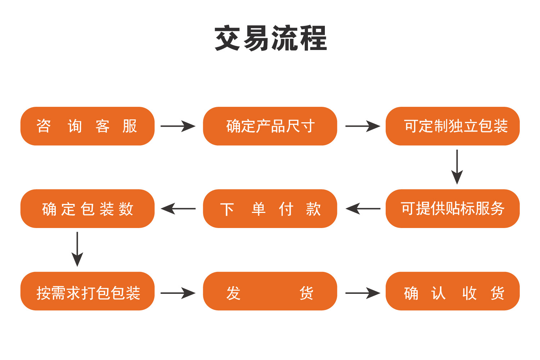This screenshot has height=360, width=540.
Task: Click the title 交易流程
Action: [270, 38]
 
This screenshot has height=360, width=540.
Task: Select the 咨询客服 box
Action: [87, 126]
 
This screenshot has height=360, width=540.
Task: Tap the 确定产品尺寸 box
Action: [270, 126]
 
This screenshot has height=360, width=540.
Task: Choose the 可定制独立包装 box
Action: [453, 126]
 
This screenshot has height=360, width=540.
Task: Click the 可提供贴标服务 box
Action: [453, 209]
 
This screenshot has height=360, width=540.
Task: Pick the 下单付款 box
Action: [270, 209]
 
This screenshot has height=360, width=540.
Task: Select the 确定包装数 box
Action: [87, 209]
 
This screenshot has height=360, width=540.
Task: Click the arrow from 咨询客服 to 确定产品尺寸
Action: [178, 126]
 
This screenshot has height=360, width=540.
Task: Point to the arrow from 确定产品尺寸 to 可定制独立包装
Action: [362, 126]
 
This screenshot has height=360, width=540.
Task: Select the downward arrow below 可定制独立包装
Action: [457, 167]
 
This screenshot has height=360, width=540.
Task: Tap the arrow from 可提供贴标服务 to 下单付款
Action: [363, 209]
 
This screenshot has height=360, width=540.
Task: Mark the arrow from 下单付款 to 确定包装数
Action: [178, 209]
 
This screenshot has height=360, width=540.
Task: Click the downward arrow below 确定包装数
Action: [77, 249]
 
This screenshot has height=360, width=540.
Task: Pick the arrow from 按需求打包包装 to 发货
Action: [178, 293]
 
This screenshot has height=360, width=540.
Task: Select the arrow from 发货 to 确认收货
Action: [362, 293]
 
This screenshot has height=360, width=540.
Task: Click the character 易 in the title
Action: [257, 38]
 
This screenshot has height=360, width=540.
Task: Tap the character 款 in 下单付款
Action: [313, 209]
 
